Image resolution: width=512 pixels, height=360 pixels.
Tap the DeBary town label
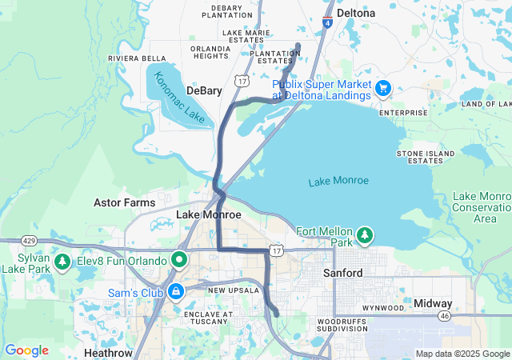pos(204,90)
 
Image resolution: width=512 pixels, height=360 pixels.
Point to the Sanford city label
pos(342,273)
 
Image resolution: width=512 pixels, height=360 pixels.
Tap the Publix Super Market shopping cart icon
pos(382,87)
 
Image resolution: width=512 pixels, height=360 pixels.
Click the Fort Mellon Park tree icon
pos(365,234)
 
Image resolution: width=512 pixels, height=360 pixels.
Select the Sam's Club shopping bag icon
pos(174,292)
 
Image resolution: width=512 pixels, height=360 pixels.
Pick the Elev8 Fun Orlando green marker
pos(180,261)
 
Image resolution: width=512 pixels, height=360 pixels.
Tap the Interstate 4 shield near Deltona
pos(328,23)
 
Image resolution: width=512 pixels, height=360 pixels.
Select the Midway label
pos(433,303)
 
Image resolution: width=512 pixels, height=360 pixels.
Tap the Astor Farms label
pos(124,202)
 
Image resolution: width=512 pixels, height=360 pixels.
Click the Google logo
pos(27,350)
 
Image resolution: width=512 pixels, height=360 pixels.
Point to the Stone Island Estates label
pos(420,156)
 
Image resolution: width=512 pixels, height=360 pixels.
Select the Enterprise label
pos(403,113)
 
